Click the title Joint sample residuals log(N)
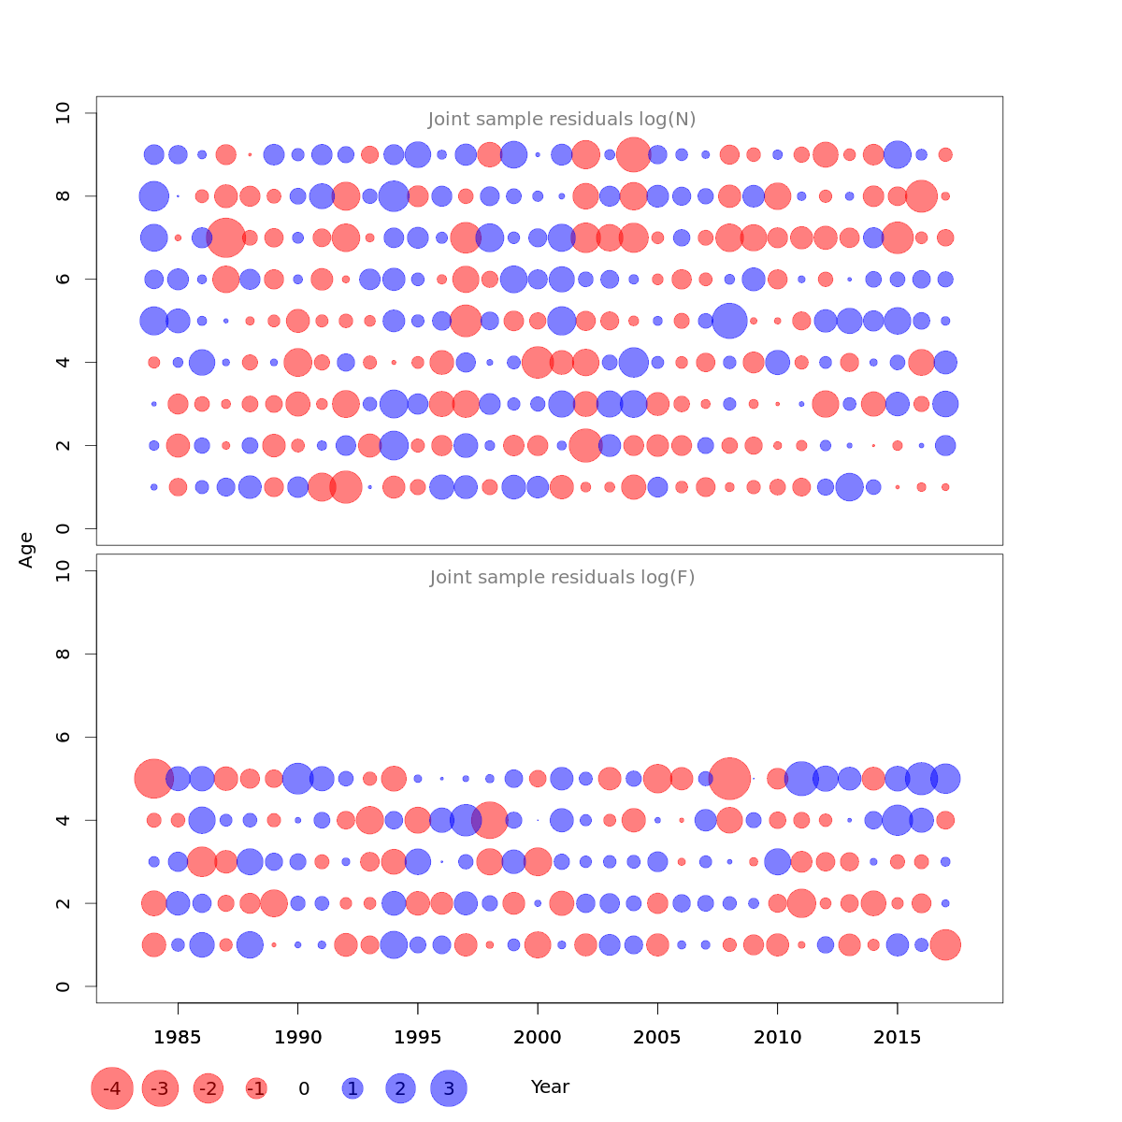[x=562, y=120]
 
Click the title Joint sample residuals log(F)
[x=562, y=578]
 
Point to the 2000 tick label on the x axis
[x=538, y=1037]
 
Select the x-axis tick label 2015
[x=898, y=1037]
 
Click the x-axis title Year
[x=550, y=1087]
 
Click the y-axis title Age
[x=26, y=549]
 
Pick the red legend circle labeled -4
[x=111, y=1088]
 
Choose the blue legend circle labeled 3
[x=449, y=1088]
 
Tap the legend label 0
[x=304, y=1088]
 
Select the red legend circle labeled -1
[x=256, y=1088]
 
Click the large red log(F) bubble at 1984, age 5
[x=154, y=778]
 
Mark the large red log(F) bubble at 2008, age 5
[x=730, y=778]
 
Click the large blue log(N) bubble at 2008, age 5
[x=730, y=321]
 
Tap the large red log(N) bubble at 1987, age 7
[x=225, y=237]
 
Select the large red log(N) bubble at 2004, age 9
[x=634, y=154]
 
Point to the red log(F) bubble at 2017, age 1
[x=945, y=944]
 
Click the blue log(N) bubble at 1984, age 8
[x=153, y=196]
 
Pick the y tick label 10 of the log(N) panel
[x=64, y=113]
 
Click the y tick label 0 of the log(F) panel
[x=64, y=986]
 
